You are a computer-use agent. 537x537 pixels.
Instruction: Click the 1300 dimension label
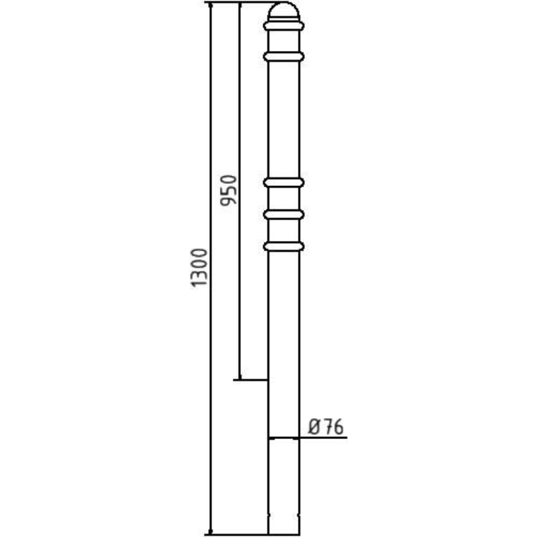click(x=199, y=268)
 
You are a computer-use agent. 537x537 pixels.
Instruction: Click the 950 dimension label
click(x=228, y=190)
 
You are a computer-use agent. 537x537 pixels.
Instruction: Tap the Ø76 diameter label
click(x=326, y=427)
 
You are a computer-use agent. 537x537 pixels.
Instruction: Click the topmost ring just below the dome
click(x=283, y=26)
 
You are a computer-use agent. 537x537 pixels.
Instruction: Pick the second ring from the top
click(x=283, y=56)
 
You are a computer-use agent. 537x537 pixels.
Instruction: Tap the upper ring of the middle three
click(x=283, y=183)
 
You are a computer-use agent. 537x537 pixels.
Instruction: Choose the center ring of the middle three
click(x=283, y=214)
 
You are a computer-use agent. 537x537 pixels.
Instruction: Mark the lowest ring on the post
click(x=283, y=246)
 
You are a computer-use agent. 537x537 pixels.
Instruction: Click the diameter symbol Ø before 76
click(x=314, y=427)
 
